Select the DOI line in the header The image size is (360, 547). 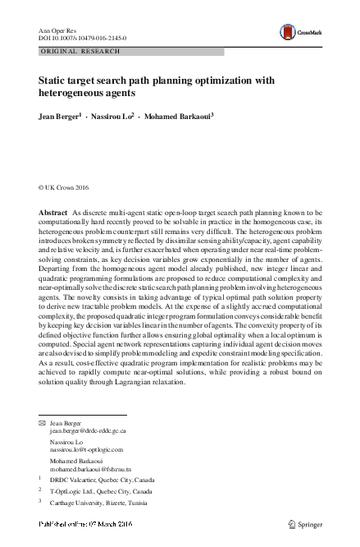point(79,38)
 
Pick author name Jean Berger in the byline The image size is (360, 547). point(59,117)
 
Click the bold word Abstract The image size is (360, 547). point(53,214)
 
